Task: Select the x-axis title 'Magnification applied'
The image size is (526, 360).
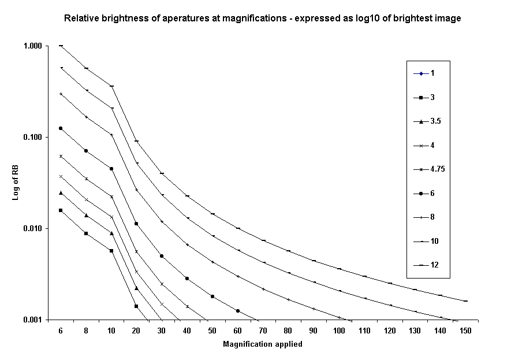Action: [262, 344]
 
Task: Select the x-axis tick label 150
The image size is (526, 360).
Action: [465, 331]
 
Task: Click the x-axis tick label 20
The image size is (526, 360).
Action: [136, 331]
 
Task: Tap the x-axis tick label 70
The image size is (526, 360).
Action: [263, 331]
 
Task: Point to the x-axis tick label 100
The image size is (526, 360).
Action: [339, 331]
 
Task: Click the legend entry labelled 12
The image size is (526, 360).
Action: [434, 265]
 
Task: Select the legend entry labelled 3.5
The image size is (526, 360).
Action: [436, 121]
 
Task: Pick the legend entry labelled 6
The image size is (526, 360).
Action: [432, 193]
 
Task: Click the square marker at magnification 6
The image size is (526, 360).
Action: [61, 210]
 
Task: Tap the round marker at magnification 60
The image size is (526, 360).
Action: [238, 311]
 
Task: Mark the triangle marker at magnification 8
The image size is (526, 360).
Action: [86, 216]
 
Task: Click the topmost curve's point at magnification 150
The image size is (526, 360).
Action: [465, 301]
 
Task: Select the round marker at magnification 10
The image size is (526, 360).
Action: [111, 169]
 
